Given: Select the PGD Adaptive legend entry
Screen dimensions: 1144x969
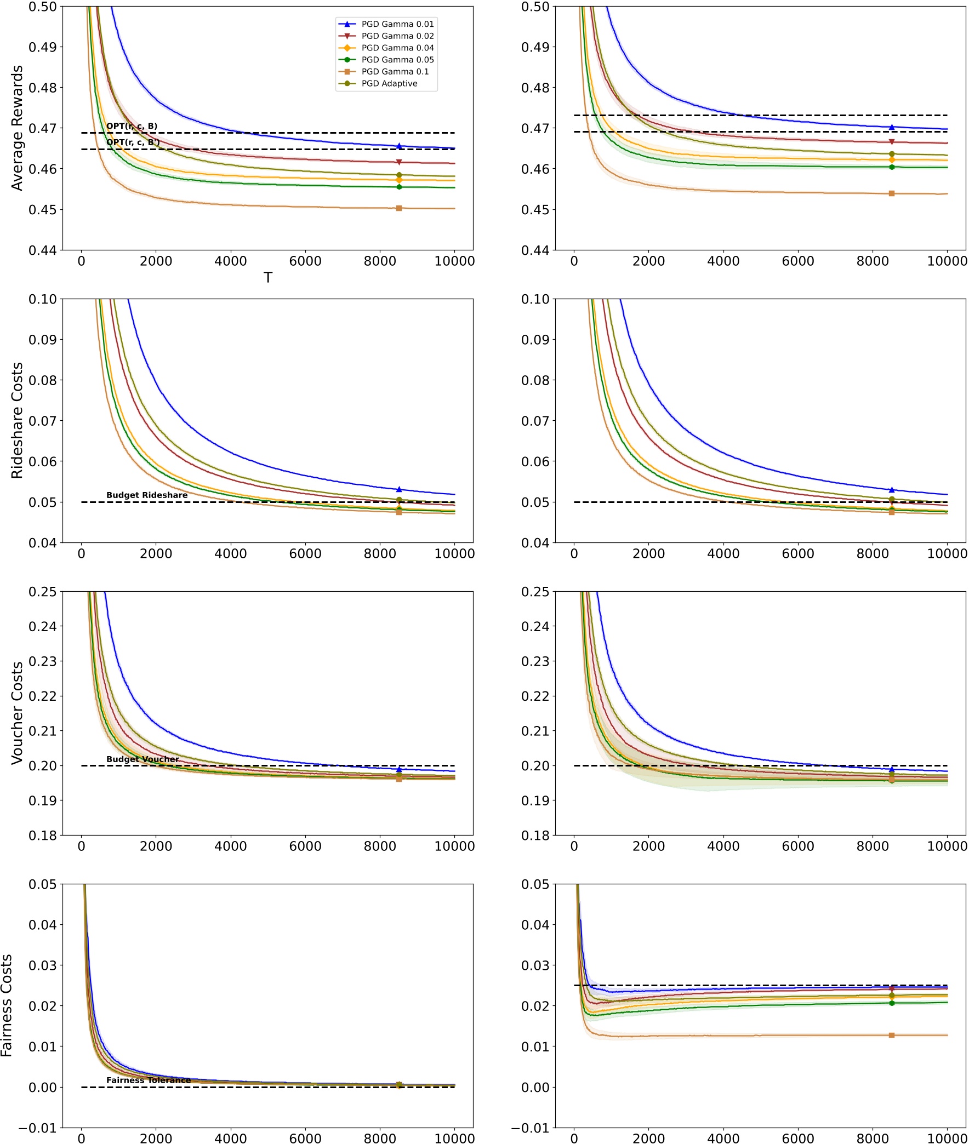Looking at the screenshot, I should [389, 83].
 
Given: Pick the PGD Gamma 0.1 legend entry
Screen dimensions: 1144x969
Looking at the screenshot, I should [395, 71].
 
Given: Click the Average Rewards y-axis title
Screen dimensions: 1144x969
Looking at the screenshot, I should [17, 128].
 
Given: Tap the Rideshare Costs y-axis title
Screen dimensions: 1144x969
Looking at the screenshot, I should [17, 420].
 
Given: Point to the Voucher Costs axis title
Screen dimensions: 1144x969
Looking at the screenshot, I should [17, 713].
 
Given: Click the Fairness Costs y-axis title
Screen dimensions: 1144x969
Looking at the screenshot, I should [7, 1005].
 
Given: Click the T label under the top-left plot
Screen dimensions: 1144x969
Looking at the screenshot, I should [267, 278].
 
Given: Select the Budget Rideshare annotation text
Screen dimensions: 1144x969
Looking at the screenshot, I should [147, 495].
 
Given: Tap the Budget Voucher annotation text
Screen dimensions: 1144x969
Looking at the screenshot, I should [142, 759].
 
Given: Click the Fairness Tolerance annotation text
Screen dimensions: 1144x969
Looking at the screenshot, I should [149, 1080].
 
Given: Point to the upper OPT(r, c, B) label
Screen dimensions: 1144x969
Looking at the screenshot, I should [132, 127].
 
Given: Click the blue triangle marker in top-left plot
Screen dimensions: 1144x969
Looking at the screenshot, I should [399, 146].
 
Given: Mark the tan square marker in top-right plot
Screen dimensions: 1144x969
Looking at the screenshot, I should [892, 193].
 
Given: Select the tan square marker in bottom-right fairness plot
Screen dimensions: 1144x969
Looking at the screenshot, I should [892, 1035].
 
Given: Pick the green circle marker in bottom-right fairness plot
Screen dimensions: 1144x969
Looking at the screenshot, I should [892, 1003].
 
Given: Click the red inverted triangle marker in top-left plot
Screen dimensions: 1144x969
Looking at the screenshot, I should [399, 162].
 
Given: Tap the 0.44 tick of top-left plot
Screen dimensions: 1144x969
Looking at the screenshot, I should [42, 250].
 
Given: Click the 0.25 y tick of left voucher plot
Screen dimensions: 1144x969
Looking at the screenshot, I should [42, 592].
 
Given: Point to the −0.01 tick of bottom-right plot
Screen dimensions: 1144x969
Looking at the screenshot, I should [530, 1128].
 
